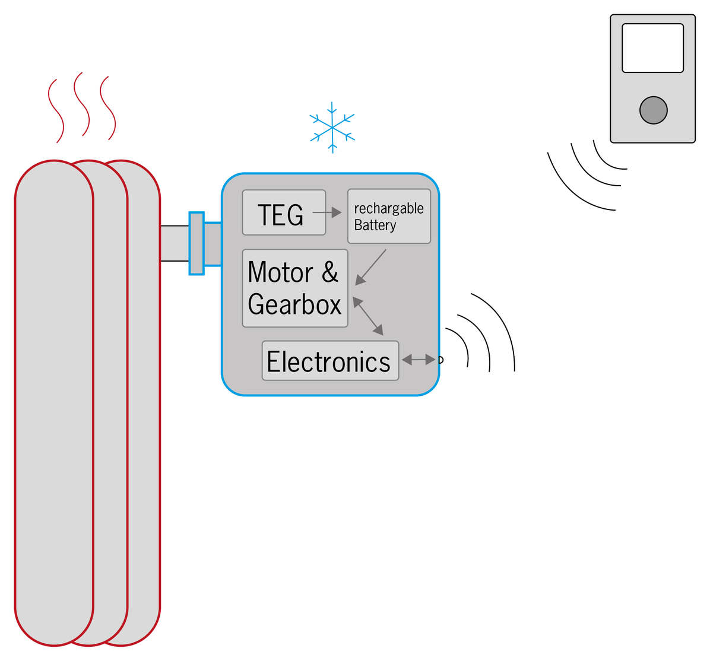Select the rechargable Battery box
tap(389, 216)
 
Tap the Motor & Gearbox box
tap(294, 288)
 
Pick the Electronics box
tap(330, 361)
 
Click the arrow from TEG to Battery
tap(327, 212)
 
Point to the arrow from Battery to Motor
tap(370, 268)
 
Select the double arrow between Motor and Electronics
tap(368, 316)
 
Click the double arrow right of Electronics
tap(418, 360)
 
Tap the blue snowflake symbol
tap(332, 127)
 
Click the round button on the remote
tap(653, 110)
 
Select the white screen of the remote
tap(652, 48)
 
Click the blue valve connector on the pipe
tap(196, 243)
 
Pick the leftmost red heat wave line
tap(56, 111)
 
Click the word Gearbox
tap(294, 304)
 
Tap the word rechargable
tap(389, 208)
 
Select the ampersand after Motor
tap(330, 272)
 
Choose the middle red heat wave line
tap(81, 104)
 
